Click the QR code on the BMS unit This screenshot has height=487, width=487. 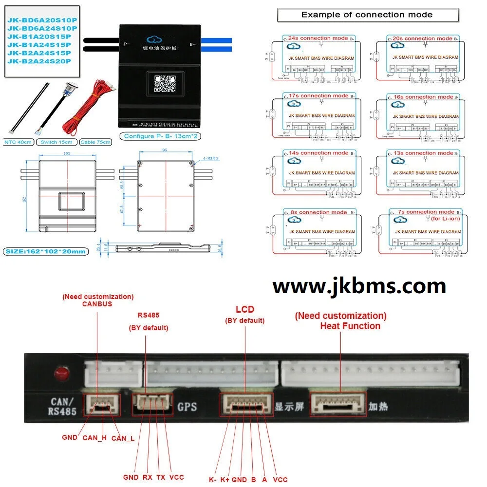[x=165, y=83]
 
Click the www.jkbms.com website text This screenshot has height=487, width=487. [x=359, y=286]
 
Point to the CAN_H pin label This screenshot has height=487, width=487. [x=94, y=438]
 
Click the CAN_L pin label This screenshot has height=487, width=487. [x=123, y=438]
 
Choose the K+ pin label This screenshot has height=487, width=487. [x=225, y=480]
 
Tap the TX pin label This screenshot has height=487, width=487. [x=161, y=477]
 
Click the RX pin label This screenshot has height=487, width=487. [x=148, y=477]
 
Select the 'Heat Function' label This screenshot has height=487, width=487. [x=350, y=326]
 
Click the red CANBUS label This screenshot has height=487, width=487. [x=97, y=304]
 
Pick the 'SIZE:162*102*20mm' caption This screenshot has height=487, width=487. [x=46, y=251]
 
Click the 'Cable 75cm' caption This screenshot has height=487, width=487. [x=95, y=142]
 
